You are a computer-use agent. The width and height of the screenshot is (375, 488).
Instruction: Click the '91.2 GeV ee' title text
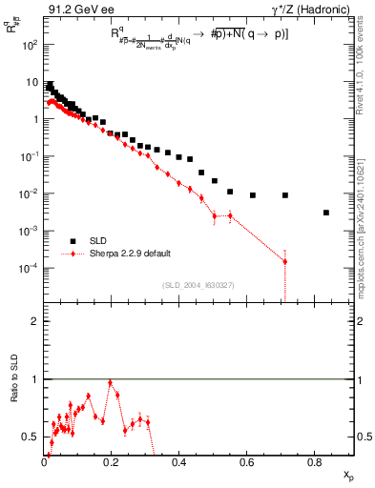click(75, 11)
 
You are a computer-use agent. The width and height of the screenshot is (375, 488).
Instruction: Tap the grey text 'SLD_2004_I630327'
click(198, 285)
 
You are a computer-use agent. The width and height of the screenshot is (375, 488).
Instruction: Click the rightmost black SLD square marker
click(326, 213)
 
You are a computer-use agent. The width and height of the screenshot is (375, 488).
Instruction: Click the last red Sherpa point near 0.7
click(285, 261)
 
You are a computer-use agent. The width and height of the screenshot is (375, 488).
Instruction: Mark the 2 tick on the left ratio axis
click(35, 321)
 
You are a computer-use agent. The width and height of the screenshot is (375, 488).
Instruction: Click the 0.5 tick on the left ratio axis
click(31, 437)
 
